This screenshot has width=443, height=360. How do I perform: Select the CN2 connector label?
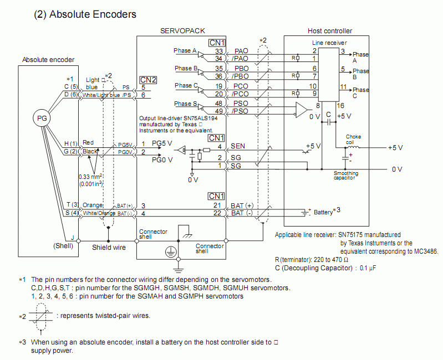pyautogui.click(x=148, y=80)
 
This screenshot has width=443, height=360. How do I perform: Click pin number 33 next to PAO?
pyautogui.click(x=220, y=51)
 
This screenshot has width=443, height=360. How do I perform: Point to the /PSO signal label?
pyautogui.click(x=241, y=111)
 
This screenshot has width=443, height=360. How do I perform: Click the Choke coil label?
pyautogui.click(x=353, y=138)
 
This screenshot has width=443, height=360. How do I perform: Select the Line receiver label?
pyautogui.click(x=330, y=43)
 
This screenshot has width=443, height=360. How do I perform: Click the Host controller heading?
pyautogui.click(x=330, y=31)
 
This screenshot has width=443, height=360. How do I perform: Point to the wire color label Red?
pyautogui.click(x=88, y=143)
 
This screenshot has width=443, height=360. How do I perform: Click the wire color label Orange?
pyautogui.click(x=93, y=205)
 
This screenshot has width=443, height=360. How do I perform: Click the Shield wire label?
pyautogui.click(x=108, y=247)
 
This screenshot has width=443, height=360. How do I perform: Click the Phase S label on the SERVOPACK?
pyautogui.click(x=185, y=104)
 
